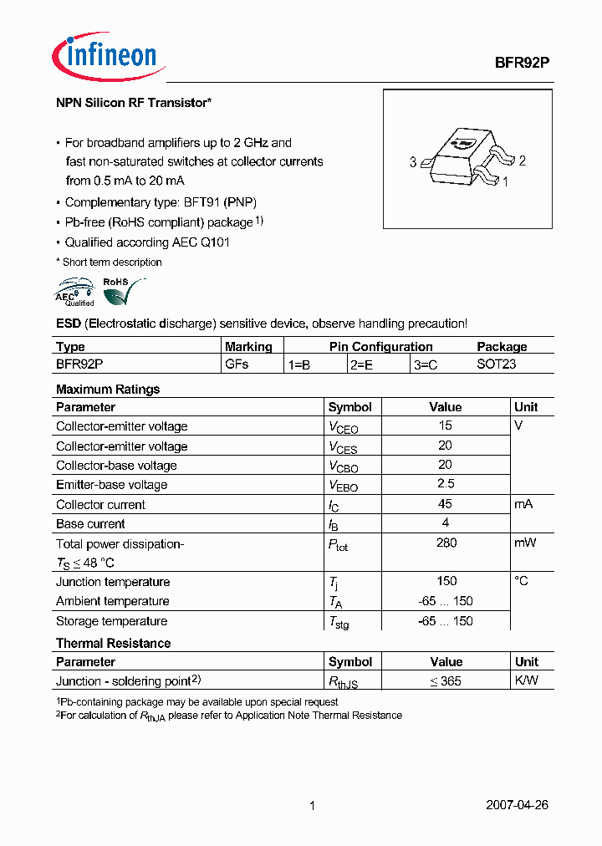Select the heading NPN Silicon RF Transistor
133,103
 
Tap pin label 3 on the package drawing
413,163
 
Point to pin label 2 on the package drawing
522,161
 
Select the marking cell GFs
237,364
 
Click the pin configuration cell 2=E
362,364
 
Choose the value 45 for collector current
445,504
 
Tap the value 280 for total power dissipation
446,543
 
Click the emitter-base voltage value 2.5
446,484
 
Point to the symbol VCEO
344,427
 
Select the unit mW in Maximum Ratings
525,543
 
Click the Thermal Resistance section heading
113,643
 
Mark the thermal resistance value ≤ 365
445,681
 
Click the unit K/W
527,680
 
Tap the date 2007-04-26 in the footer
517,806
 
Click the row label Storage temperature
111,621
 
